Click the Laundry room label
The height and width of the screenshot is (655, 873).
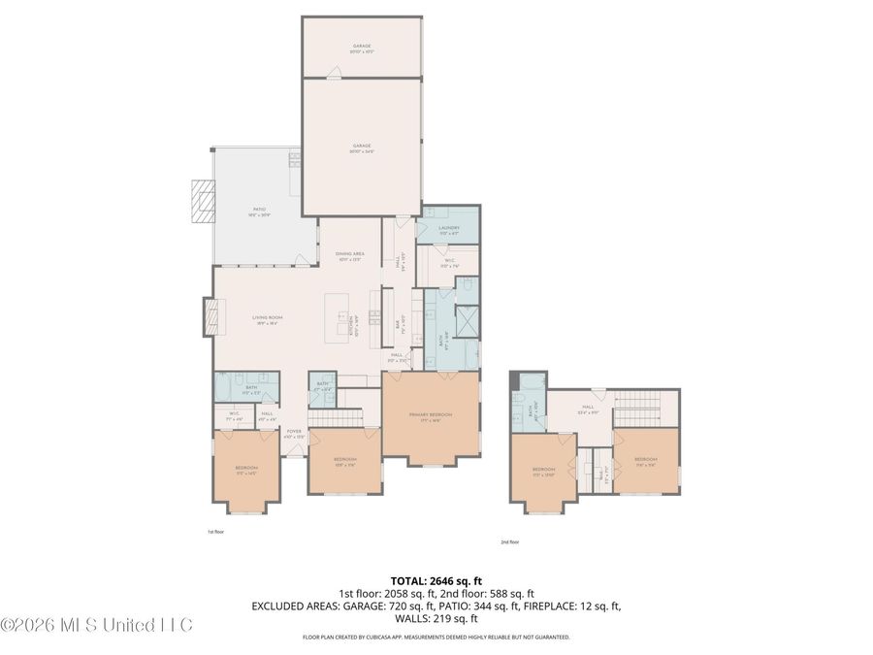pyautogui.click(x=447, y=228)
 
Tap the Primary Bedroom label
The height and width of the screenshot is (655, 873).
pyautogui.click(x=431, y=414)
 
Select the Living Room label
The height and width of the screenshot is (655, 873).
pyautogui.click(x=267, y=319)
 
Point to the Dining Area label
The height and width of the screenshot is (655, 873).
pyautogui.click(x=350, y=254)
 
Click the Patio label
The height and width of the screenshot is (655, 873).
pyautogui.click(x=259, y=209)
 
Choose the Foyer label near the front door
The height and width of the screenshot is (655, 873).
pyautogui.click(x=293, y=434)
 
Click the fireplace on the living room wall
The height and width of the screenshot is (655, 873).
pyautogui.click(x=208, y=317)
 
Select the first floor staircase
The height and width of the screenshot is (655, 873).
pyautogui.click(x=340, y=417)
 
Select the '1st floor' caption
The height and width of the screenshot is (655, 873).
pyautogui.click(x=215, y=532)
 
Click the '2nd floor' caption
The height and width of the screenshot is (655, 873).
pyautogui.click(x=510, y=542)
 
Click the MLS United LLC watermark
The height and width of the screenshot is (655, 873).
pyautogui.click(x=97, y=624)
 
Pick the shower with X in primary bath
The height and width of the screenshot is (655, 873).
pyautogui.click(x=467, y=319)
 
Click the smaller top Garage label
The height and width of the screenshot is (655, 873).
pyautogui.click(x=361, y=47)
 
